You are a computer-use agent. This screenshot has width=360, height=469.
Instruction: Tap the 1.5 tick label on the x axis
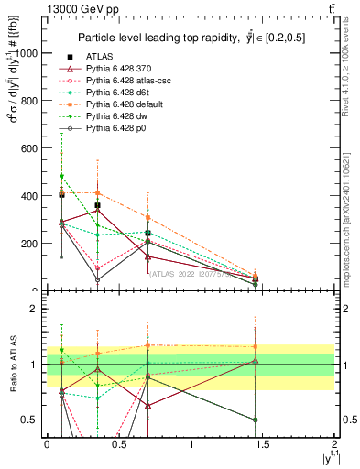pos(264,444)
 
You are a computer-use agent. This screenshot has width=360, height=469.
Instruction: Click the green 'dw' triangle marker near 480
pos(61,176)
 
